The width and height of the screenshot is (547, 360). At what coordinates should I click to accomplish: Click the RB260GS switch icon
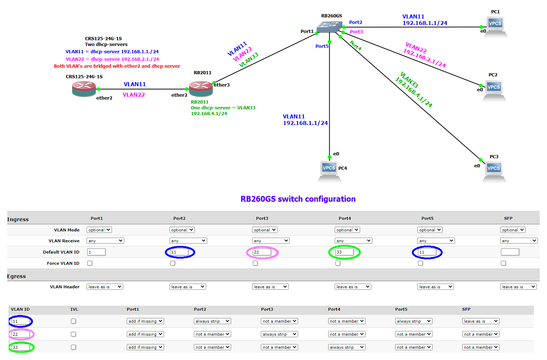329,27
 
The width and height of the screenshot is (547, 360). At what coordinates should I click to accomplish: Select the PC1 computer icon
495,26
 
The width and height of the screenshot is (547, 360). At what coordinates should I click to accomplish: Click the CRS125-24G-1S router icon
84,89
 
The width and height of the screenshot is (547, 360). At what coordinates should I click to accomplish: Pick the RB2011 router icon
201,88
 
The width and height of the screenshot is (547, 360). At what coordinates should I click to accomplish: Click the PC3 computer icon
494,171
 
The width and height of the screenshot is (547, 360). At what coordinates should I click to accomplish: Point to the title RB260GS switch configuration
298,199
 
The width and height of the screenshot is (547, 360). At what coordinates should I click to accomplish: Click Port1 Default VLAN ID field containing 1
96,252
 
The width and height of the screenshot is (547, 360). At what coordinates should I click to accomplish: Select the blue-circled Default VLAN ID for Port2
179,252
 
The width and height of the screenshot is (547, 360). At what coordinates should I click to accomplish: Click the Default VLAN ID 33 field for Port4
344,252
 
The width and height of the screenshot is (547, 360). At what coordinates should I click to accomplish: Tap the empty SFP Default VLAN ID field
510,252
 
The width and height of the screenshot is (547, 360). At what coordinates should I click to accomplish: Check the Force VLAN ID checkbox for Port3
255,263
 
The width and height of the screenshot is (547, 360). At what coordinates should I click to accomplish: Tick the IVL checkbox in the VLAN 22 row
74,334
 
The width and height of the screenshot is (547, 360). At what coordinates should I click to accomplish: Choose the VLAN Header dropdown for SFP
518,287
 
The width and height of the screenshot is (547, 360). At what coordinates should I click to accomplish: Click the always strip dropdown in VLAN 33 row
347,347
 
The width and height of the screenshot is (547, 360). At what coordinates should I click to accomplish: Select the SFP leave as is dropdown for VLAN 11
481,321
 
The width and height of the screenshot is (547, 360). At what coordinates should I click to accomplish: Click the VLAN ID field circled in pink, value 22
21,334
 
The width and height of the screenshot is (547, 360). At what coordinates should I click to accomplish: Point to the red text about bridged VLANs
117,66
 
